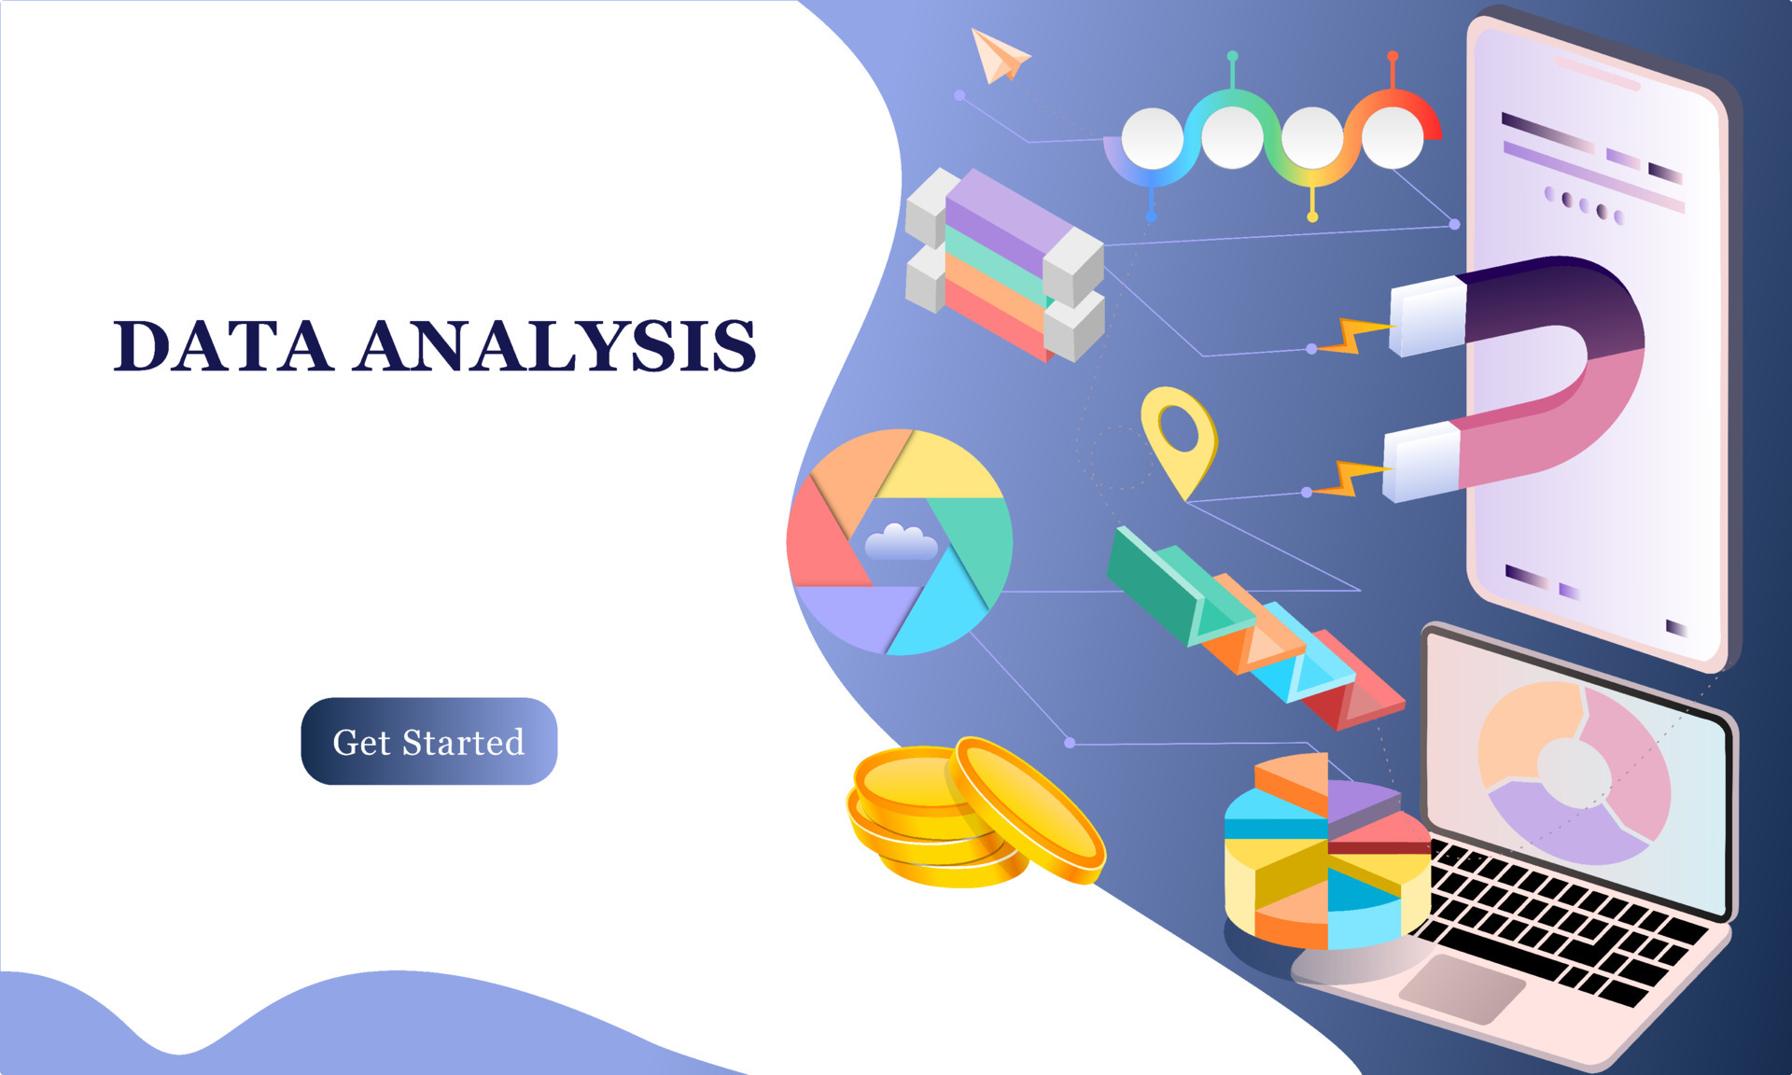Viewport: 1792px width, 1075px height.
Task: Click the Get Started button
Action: (428, 741)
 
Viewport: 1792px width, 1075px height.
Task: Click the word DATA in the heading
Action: (222, 346)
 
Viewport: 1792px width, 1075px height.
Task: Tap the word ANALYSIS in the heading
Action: (554, 346)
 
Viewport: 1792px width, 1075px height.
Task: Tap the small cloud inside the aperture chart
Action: (900, 543)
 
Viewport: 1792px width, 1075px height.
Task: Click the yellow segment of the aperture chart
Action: (943, 467)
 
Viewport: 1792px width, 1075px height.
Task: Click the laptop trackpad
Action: (1461, 987)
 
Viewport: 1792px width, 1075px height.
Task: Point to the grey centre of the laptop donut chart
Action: (1574, 771)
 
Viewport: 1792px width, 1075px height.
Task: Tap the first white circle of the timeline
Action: (1152, 138)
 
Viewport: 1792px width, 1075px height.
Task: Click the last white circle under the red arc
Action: (1392, 137)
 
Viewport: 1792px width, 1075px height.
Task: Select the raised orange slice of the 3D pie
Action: (1293, 779)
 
